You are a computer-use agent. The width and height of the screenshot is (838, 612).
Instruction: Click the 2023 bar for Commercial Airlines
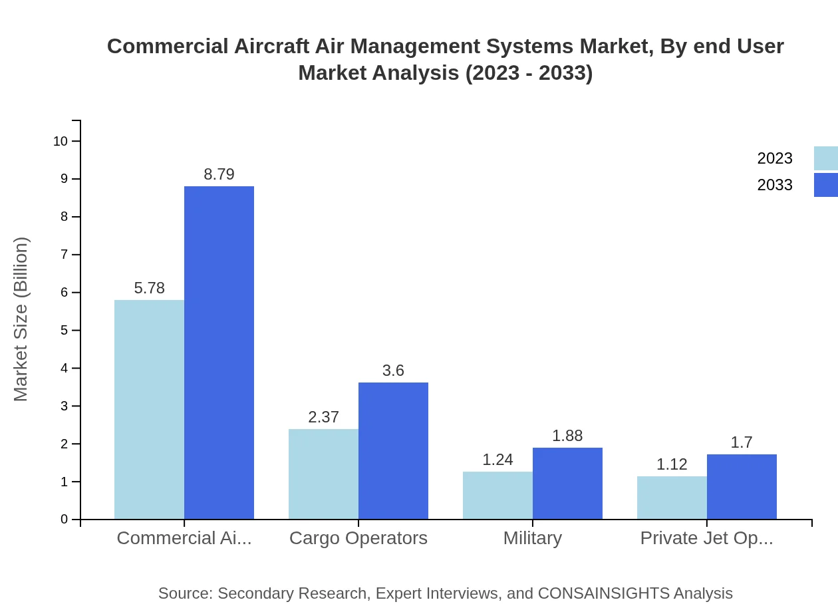pos(149,409)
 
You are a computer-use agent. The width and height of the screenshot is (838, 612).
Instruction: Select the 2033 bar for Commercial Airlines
pos(219,353)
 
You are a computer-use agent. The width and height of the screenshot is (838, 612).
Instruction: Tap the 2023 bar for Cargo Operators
pos(323,474)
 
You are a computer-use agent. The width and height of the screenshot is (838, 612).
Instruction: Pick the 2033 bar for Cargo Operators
pos(393,450)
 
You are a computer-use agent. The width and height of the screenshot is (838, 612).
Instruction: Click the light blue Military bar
pos(497,495)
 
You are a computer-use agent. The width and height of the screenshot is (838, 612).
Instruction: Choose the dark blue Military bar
pos(567,483)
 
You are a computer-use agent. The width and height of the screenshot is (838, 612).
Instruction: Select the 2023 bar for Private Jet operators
pos(672,498)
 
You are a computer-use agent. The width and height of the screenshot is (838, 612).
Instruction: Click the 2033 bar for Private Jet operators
pos(742,486)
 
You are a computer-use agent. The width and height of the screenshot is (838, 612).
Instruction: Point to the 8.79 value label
pos(219,174)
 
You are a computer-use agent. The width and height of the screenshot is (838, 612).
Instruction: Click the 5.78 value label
pos(149,288)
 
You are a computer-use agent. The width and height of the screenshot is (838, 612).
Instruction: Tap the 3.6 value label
pos(393,371)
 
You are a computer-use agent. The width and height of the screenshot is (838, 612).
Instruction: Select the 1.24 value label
pos(497,460)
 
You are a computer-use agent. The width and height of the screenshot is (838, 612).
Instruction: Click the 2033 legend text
pos(775,185)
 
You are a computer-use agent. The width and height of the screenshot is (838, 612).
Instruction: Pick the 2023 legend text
pos(775,158)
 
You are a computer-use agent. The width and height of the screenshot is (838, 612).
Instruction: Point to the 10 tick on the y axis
pos(61,141)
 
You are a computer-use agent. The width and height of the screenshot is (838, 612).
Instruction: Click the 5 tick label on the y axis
pos(64,331)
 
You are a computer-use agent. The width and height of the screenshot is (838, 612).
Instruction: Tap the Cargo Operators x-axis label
pos(358,538)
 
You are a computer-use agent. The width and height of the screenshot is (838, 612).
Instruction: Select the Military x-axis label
pos(532,538)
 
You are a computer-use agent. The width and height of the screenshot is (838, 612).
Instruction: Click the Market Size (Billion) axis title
pos(21,319)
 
